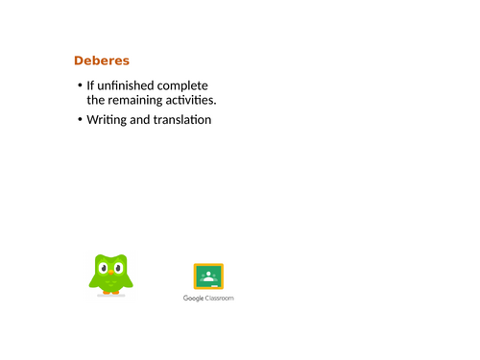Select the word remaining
(x=141, y=99)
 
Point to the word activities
(x=195, y=99)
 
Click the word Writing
(x=110, y=120)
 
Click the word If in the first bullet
(x=90, y=85)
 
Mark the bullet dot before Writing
(x=79, y=121)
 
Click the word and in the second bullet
(x=145, y=120)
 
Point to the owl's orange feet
(x=113, y=294)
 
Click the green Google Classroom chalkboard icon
(x=208, y=276)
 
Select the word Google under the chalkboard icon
(x=195, y=299)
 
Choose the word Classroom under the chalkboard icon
(x=220, y=299)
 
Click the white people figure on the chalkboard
(x=208, y=276)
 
